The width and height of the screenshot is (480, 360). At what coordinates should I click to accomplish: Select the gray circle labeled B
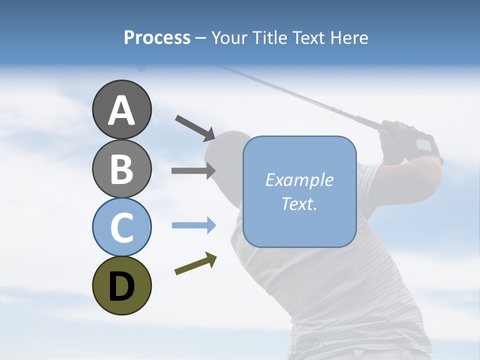pyautogui.click(x=121, y=168)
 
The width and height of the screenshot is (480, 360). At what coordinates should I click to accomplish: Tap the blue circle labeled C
pyautogui.click(x=121, y=227)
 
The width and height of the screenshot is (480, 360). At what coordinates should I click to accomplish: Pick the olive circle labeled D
pyautogui.click(x=121, y=285)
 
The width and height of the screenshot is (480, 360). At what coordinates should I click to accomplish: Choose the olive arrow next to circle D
pyautogui.click(x=195, y=263)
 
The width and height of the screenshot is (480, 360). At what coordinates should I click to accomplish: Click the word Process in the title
pyautogui.click(x=157, y=37)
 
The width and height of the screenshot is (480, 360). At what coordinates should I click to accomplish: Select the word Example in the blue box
pyautogui.click(x=299, y=180)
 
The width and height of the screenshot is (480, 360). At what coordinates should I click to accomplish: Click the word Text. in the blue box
pyautogui.click(x=299, y=204)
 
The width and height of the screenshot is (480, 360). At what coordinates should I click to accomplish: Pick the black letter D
pyautogui.click(x=121, y=286)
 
